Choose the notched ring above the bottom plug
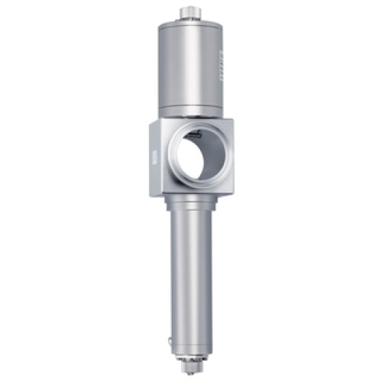coord(191,356)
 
